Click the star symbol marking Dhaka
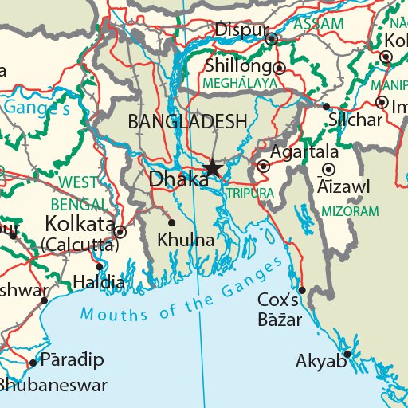pyautogui.click(x=213, y=168)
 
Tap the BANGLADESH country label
pyautogui.click(x=187, y=122)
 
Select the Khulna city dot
pyautogui.click(x=171, y=222)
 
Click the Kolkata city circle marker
pyautogui.click(x=120, y=232)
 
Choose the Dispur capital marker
pyautogui.click(x=271, y=38)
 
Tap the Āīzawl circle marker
pyautogui.click(x=328, y=169)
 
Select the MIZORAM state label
pyautogui.click(x=350, y=211)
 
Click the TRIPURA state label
pyautogui.click(x=249, y=194)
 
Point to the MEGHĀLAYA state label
pyautogui.click(x=240, y=83)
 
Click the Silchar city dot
pyautogui.click(x=326, y=106)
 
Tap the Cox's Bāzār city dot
pyautogui.click(x=302, y=290)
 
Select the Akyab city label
pyautogui.click(x=321, y=362)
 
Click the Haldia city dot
pyautogui.click(x=99, y=267)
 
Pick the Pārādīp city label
pyautogui.click(x=73, y=360)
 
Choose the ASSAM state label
pyautogui.click(x=319, y=24)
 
